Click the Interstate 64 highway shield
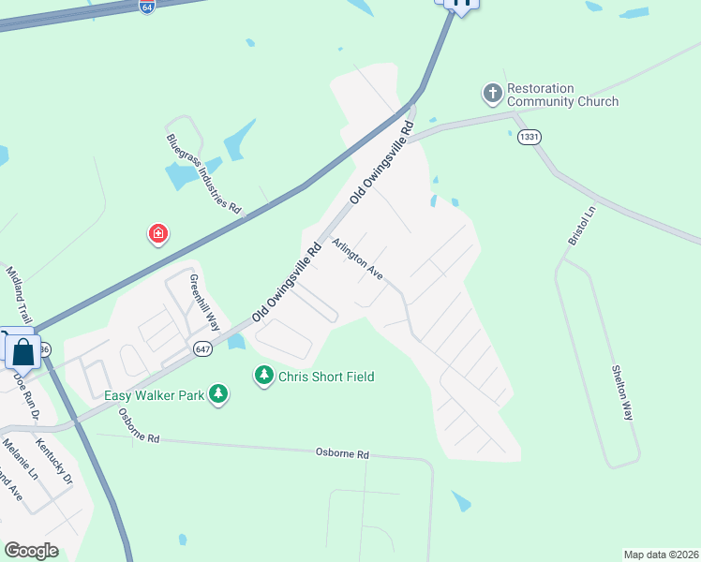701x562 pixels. (147, 7)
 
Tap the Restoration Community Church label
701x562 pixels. (562, 95)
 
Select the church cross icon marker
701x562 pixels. (492, 94)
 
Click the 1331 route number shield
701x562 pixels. (529, 137)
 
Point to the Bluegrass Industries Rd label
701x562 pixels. (203, 172)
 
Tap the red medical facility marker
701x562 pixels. (158, 233)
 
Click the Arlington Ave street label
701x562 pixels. (358, 259)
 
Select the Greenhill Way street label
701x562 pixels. (204, 303)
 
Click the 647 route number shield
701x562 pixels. (202, 348)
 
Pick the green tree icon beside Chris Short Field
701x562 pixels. (264, 376)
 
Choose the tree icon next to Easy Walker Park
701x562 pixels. (218, 394)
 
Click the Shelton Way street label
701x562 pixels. (622, 394)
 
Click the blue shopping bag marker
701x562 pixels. (23, 352)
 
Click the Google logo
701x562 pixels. (31, 551)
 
